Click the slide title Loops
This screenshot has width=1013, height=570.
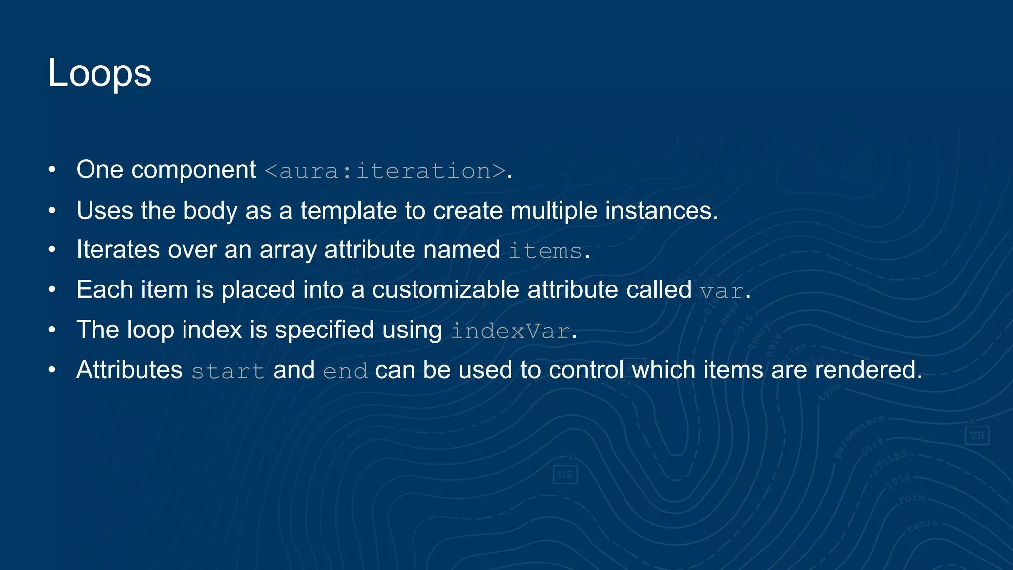point(99,73)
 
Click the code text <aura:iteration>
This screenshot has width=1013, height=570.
point(385,171)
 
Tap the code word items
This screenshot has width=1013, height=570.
point(545,251)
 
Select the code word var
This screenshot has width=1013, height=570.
point(721,291)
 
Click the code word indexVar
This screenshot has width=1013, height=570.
point(510,331)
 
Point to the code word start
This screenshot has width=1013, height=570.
point(228,371)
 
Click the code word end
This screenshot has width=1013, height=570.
point(345,371)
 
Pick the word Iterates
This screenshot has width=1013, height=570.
point(118,249)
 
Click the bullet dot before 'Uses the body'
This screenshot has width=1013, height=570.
point(52,211)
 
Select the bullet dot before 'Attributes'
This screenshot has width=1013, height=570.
point(52,370)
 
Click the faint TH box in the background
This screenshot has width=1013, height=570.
point(976,436)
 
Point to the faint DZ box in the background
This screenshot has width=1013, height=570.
point(565,475)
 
